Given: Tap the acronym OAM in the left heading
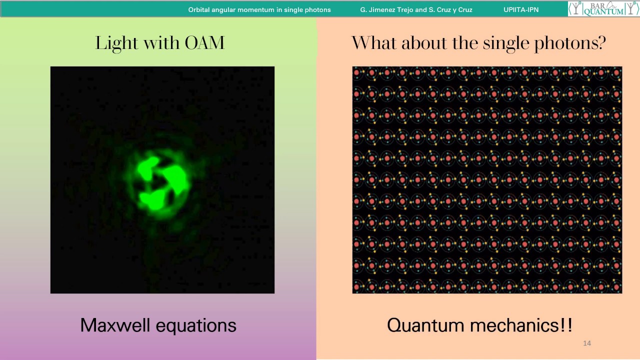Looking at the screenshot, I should pyautogui.click(x=204, y=43).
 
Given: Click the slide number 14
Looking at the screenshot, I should pyautogui.click(x=587, y=343).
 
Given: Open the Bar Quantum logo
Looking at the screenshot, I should pyautogui.click(x=603, y=8).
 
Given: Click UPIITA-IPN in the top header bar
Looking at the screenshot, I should pyautogui.click(x=521, y=9).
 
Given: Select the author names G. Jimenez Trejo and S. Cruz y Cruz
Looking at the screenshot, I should pyautogui.click(x=416, y=9).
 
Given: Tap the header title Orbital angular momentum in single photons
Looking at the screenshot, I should pyautogui.click(x=259, y=9).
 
